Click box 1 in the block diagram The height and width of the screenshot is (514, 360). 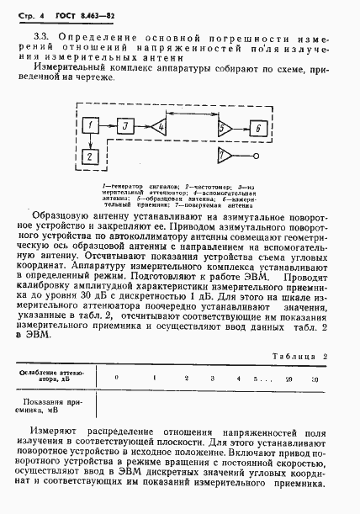point(92,126)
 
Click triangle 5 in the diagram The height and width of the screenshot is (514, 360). point(225,127)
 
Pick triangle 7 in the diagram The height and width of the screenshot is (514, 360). point(225,157)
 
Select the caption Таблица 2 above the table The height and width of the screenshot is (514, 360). point(301,356)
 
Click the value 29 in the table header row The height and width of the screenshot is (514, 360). point(289,379)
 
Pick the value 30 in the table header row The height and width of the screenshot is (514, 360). point(314,379)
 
